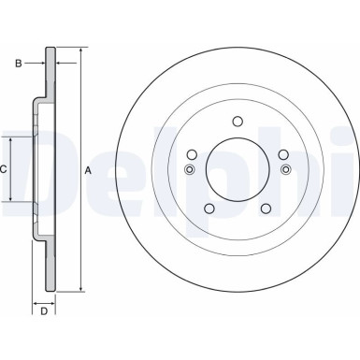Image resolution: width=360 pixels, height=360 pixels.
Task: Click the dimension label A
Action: click(x=88, y=170)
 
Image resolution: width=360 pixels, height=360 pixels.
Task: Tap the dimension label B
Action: click(x=18, y=63)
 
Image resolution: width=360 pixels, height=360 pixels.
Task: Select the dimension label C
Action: click(x=4, y=170)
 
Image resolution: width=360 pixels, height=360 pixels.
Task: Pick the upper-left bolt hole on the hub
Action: click(x=192, y=154)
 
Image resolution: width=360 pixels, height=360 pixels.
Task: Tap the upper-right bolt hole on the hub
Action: click(x=282, y=154)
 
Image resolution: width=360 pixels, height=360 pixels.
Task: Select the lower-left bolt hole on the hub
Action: click(x=209, y=208)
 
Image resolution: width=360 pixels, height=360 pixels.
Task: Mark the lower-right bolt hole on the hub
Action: click(x=266, y=208)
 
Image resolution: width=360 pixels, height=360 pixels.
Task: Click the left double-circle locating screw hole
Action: click(x=190, y=169)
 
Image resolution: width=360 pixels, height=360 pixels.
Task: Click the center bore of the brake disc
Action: click(x=238, y=168)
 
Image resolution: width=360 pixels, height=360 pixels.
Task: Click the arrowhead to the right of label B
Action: click(x=59, y=63)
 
